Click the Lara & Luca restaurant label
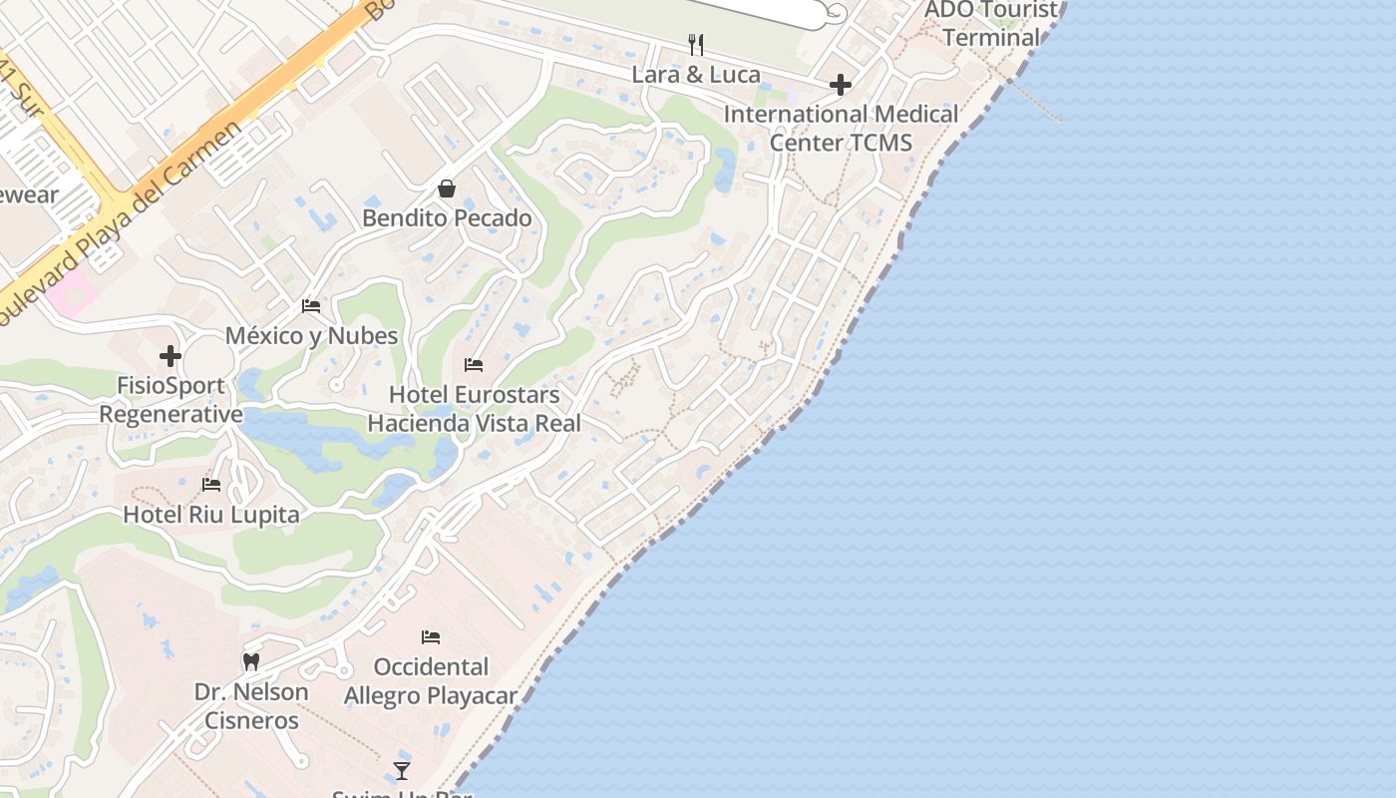point(696,75)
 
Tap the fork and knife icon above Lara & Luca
point(696,45)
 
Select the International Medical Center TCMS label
point(841,128)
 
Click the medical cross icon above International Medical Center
point(841,85)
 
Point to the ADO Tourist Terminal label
point(991,24)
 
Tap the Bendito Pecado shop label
point(447,217)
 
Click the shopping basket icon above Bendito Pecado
point(447,189)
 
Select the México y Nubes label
point(311,335)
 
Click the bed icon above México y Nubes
point(311,306)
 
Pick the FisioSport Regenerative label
point(171,399)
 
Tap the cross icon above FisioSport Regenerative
point(171,355)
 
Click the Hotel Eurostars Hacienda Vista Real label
point(474,408)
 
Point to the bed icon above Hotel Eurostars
point(474,365)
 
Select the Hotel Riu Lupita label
point(211,515)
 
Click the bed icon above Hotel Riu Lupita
point(211,485)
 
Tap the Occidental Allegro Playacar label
point(431,680)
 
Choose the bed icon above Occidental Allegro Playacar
point(431,636)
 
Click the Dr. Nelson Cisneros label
point(251,705)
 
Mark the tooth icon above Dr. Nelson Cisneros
point(251,661)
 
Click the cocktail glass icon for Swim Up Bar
point(401,770)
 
